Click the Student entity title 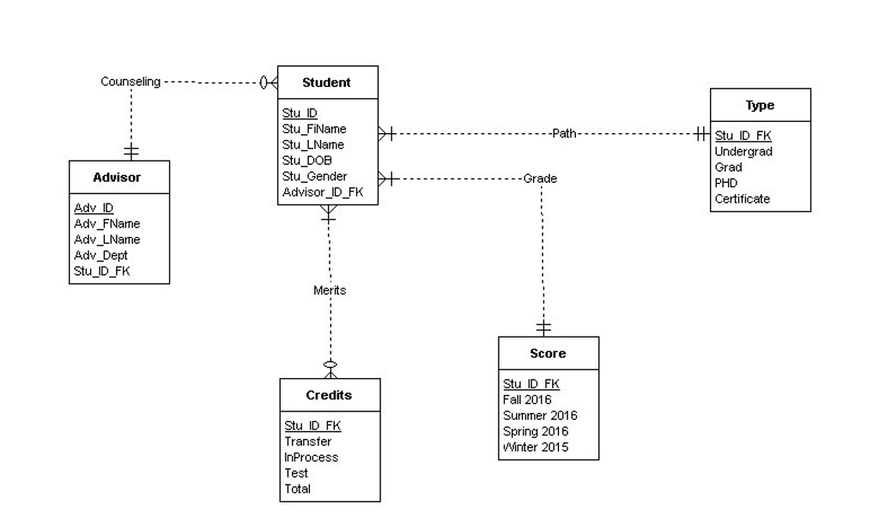click(326, 82)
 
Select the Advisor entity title click(117, 177)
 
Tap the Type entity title click(760, 105)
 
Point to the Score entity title click(548, 353)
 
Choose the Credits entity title click(329, 395)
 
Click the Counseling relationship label click(130, 82)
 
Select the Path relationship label click(564, 133)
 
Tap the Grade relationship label click(540, 179)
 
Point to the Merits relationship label click(330, 290)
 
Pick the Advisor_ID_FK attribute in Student click(323, 192)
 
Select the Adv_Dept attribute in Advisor click(100, 255)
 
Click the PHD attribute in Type click(726, 183)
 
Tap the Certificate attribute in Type click(743, 198)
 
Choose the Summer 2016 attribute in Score click(540, 416)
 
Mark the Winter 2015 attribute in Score click(536, 447)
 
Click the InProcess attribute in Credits click(311, 457)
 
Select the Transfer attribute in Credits click(307, 442)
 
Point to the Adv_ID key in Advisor click(94, 208)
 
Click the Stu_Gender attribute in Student click(314, 176)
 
